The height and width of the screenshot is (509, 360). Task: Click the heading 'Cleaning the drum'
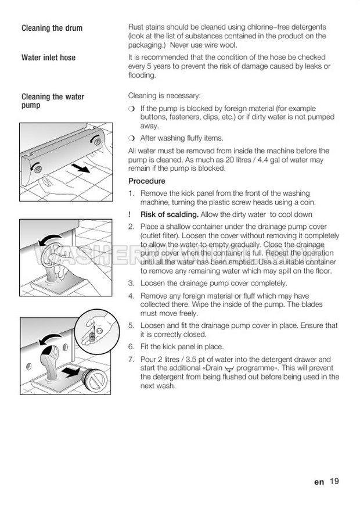click(52, 28)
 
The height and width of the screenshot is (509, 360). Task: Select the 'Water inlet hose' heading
click(48, 58)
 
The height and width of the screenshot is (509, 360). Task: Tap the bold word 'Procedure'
click(146, 181)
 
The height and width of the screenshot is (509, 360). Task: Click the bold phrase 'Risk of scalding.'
click(169, 214)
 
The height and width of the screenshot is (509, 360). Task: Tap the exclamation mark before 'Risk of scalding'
click(130, 214)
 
